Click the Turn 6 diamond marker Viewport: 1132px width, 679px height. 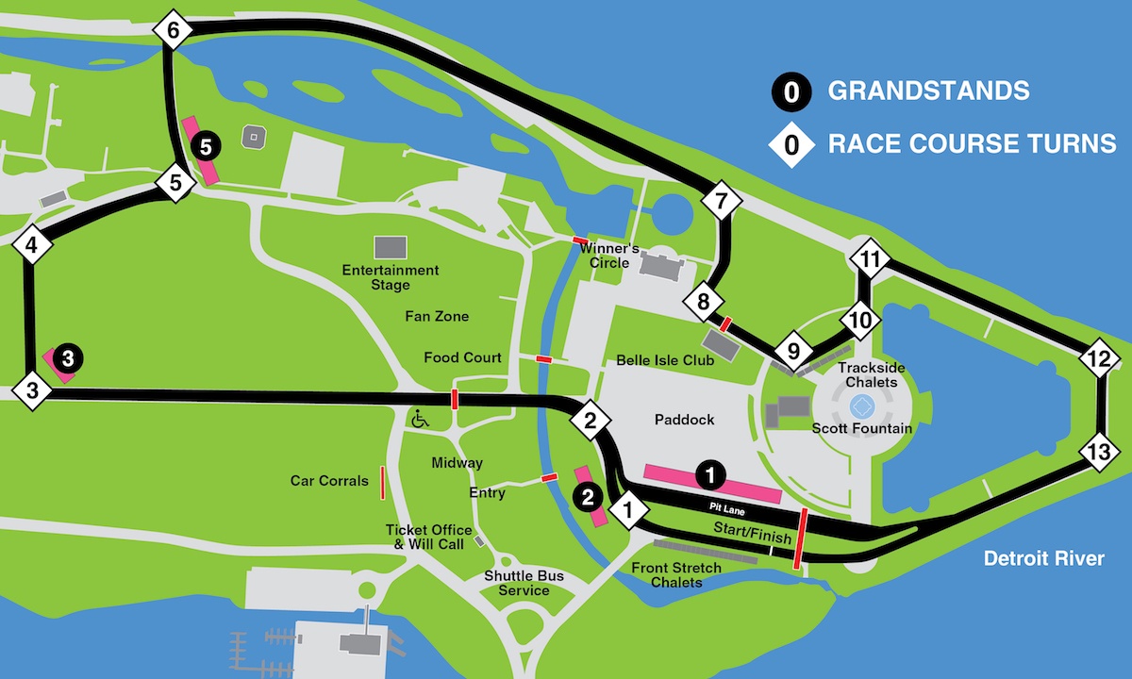pyautogui.click(x=173, y=31)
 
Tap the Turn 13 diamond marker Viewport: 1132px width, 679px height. pyautogui.click(x=1098, y=452)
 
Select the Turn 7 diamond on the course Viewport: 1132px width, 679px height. pyautogui.click(x=723, y=200)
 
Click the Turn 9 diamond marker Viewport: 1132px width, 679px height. pyautogui.click(x=793, y=352)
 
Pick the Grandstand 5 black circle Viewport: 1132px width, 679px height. pyautogui.click(x=206, y=145)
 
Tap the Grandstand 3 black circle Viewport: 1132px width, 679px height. pyautogui.click(x=68, y=357)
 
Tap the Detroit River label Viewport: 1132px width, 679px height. pyautogui.click(x=1043, y=558)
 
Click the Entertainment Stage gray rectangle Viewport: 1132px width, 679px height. pyautogui.click(x=390, y=248)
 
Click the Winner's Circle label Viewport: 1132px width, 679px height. pyautogui.click(x=609, y=256)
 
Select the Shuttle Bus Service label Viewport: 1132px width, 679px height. pyautogui.click(x=517, y=583)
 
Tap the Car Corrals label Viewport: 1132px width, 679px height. pyautogui.click(x=329, y=481)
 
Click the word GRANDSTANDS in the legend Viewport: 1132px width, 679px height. pyautogui.click(x=928, y=91)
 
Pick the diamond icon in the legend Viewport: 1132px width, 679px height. pyautogui.click(x=791, y=144)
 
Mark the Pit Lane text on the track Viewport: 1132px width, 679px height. pyautogui.click(x=728, y=507)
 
